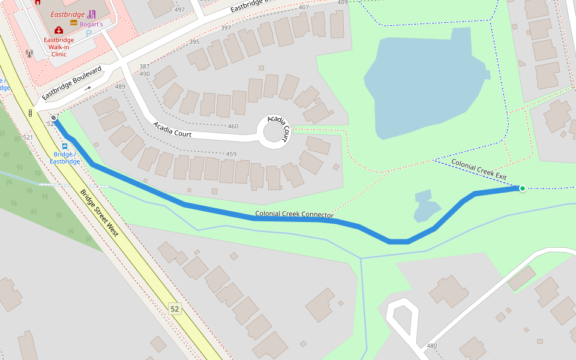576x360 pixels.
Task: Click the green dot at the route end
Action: [522, 188]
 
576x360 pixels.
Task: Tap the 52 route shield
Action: [175, 309]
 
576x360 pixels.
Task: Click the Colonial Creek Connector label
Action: [294, 214]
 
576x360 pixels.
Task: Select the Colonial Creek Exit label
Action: [479, 170]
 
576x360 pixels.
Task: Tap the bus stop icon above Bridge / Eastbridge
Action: [64, 146]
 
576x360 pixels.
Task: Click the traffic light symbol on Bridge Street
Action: [29, 113]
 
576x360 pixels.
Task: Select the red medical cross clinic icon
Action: [58, 30]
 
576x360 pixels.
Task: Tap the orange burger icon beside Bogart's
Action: [74, 23]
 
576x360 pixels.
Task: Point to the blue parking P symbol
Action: [89, 34]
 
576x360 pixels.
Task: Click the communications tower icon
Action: [28, 53]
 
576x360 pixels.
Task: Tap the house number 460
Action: [233, 127]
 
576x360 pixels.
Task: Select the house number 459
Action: [231, 154]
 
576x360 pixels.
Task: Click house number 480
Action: [431, 346]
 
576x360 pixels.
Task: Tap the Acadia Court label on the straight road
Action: [172, 130]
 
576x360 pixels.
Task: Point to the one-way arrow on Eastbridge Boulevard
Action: [88, 88]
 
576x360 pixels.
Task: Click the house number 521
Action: [28, 137]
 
